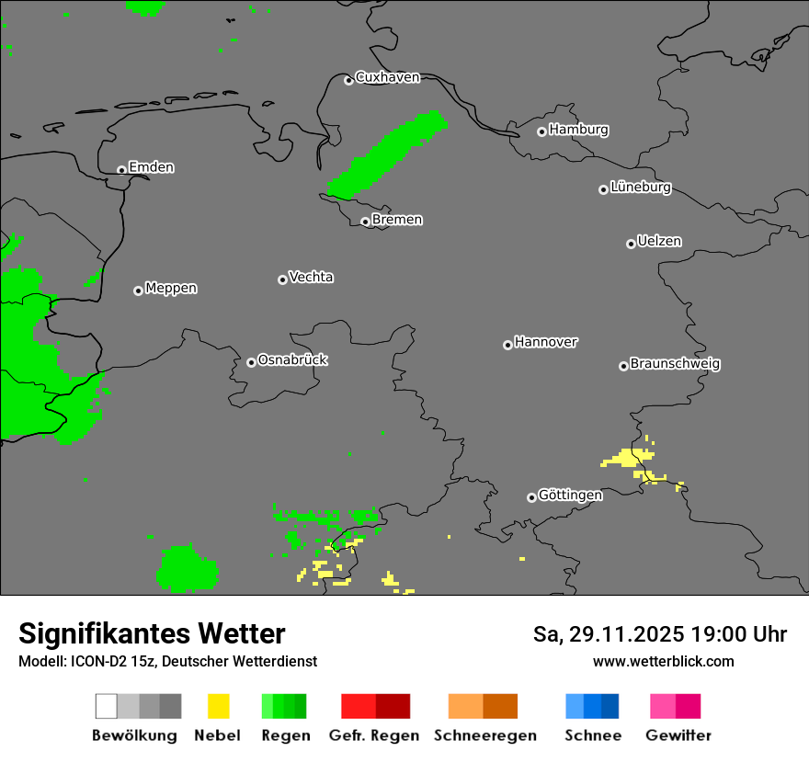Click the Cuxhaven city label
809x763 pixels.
(x=387, y=77)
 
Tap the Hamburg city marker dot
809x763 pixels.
(x=541, y=131)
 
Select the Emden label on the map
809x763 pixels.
(x=151, y=167)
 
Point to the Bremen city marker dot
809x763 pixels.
(x=365, y=222)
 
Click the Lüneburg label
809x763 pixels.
(x=640, y=188)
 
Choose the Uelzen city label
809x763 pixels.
(x=659, y=242)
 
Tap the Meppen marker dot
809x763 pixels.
(x=138, y=290)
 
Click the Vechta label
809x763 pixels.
(x=311, y=277)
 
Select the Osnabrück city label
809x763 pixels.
(x=292, y=360)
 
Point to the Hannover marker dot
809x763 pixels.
(x=507, y=345)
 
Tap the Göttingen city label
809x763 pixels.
(x=570, y=495)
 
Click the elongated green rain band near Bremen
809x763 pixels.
(x=386, y=154)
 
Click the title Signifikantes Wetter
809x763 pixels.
(x=152, y=634)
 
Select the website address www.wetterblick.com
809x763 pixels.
(x=663, y=661)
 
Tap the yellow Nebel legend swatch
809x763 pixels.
(x=218, y=706)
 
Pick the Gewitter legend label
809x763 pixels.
(x=678, y=735)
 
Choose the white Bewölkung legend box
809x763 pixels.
(x=107, y=706)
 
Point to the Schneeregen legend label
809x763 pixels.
(x=484, y=735)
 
